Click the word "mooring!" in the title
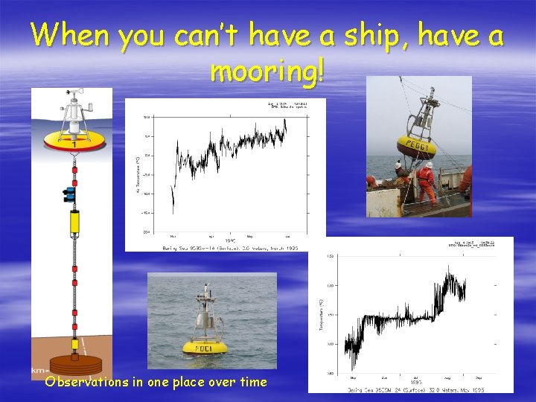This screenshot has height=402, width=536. (x=267, y=71)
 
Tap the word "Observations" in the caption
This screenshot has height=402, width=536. (x=86, y=382)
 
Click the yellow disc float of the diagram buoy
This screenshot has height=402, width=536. (x=72, y=139)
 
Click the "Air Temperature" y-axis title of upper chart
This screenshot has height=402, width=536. (x=137, y=174)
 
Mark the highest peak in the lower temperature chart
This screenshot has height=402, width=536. (x=448, y=267)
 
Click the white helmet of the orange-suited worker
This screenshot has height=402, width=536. (x=429, y=165)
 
